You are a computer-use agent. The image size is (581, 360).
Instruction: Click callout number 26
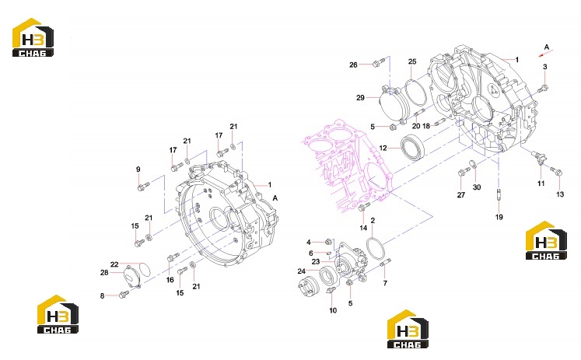click(353, 65)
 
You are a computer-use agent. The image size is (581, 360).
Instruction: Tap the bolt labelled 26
click(377, 63)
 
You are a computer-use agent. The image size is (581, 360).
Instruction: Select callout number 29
click(360, 98)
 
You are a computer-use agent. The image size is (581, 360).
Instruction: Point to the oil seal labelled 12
click(412, 148)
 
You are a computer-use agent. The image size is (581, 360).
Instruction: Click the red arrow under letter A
click(544, 54)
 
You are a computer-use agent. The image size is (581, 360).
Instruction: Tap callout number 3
click(544, 67)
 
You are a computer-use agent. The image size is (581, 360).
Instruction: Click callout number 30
click(477, 187)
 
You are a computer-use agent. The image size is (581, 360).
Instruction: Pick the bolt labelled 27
click(464, 172)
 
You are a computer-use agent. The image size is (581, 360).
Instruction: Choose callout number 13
click(560, 194)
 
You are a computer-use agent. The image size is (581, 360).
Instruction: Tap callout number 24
click(301, 271)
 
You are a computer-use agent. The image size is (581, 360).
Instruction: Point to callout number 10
click(333, 310)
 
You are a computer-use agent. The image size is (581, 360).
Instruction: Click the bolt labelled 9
click(143, 187)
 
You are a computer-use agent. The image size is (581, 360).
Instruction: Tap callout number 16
click(170, 280)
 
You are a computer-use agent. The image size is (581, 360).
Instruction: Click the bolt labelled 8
click(124, 295)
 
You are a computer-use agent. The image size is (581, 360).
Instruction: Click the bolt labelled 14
click(363, 207)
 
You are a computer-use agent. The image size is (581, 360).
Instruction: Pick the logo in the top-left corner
click(33, 37)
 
